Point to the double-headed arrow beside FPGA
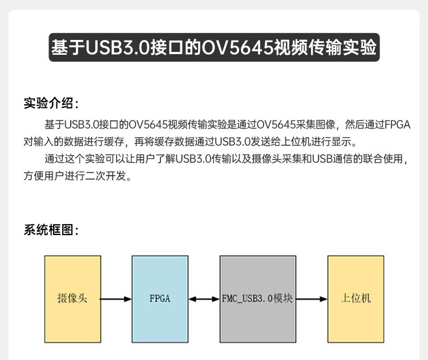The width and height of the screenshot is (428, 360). (x=204, y=298)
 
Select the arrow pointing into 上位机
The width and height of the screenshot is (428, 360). (x=312, y=298)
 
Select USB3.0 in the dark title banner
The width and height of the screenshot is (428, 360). (x=118, y=47)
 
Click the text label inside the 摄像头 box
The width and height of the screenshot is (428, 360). (x=72, y=298)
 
